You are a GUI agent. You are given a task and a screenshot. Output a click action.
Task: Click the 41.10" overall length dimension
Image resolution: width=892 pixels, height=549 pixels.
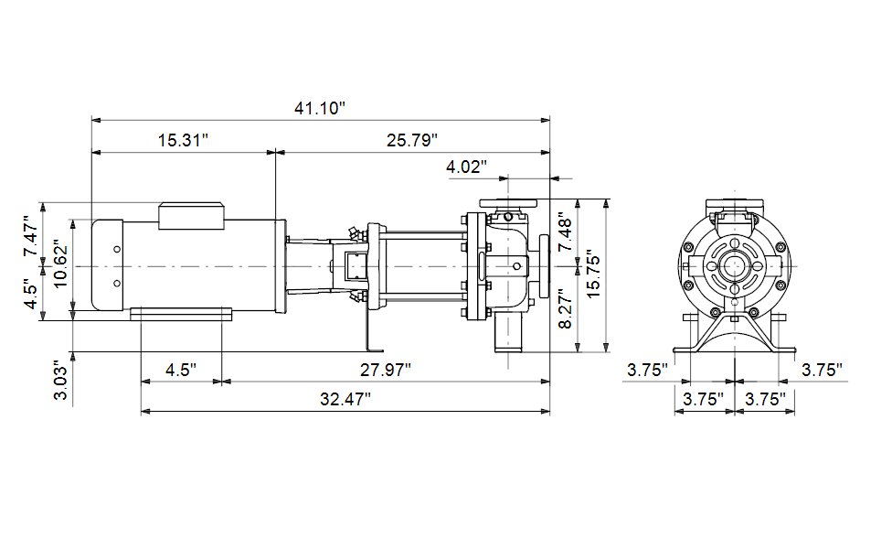[320, 108]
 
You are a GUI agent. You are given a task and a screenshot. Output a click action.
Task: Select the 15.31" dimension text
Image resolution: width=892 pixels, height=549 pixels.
[183, 140]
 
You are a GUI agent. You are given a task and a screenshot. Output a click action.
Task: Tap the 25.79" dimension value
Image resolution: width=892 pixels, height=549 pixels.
[412, 140]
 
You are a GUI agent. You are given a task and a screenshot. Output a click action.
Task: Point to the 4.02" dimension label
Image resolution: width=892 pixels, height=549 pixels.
[466, 167]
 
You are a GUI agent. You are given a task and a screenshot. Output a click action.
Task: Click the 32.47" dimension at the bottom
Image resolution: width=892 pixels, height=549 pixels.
[345, 399]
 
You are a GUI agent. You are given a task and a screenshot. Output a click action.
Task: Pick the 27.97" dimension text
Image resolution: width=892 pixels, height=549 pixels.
[385, 371]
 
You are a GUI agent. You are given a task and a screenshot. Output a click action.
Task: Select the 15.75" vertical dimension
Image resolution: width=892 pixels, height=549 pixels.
[593, 274]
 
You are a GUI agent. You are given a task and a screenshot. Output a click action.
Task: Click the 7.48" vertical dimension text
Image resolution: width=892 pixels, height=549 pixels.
[565, 232]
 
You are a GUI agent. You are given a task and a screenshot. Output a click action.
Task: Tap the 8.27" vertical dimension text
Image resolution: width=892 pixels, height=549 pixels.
[565, 308]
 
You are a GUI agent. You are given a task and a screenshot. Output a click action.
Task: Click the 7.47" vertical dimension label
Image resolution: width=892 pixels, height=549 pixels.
[31, 236]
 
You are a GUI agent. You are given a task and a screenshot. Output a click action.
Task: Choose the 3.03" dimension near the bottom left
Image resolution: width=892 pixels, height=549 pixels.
[60, 381]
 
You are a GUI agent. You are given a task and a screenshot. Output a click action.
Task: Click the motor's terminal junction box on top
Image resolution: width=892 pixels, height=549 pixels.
[191, 216]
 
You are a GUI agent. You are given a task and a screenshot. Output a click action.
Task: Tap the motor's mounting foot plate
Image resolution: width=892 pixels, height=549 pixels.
[181, 315]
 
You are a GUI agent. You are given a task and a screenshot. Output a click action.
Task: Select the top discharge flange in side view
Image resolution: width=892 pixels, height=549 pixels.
[508, 203]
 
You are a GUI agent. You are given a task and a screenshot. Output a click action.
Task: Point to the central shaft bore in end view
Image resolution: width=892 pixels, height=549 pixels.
[735, 266]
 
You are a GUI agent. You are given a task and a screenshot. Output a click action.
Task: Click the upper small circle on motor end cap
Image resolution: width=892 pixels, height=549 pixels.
[117, 250]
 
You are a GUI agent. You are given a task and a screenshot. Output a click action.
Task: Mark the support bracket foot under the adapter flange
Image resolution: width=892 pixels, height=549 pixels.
[375, 350]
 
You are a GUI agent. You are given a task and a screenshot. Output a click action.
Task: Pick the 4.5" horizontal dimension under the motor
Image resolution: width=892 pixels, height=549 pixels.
[181, 371]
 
